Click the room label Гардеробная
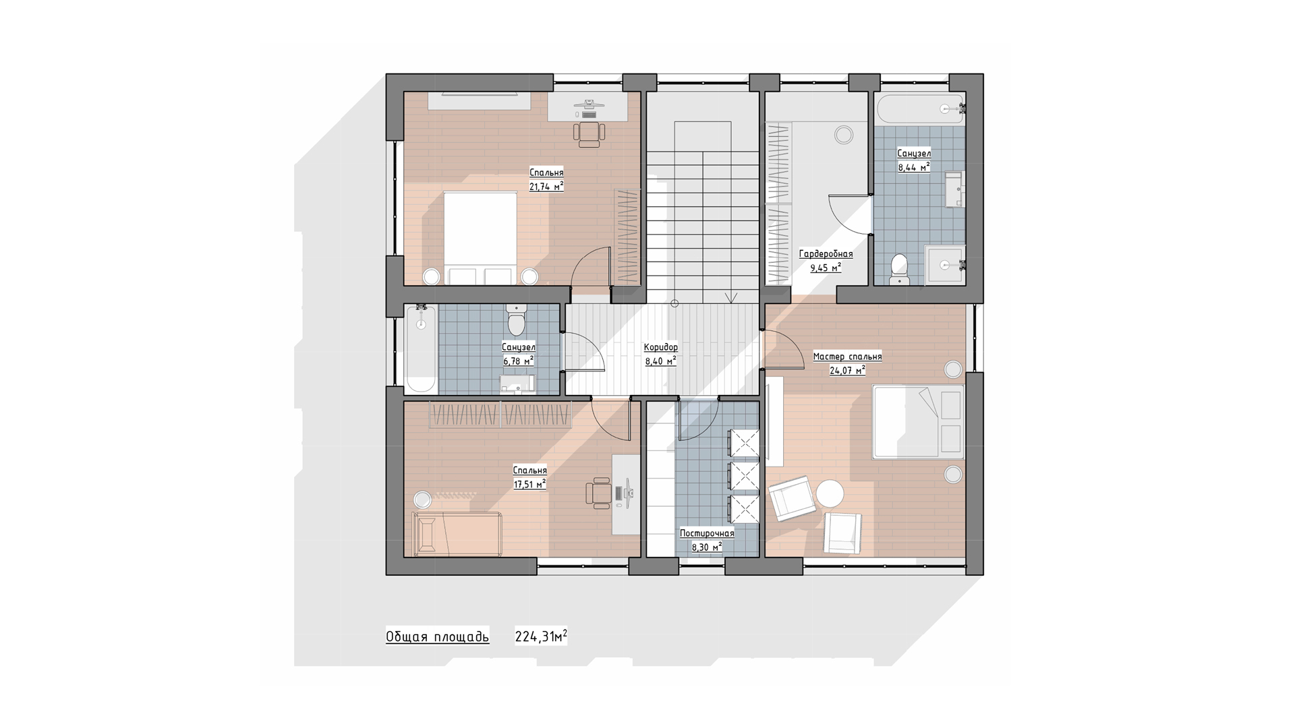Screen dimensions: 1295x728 [826, 254]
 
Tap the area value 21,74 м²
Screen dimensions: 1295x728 [546, 187]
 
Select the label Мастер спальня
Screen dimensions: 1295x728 [847, 357]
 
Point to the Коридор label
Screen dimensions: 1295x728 [661, 347]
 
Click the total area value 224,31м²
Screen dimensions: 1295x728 [541, 636]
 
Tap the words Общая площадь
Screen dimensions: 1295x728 [438, 637]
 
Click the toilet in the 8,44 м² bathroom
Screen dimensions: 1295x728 [899, 269]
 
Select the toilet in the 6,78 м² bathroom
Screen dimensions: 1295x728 [517, 319]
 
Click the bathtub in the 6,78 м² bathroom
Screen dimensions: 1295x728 [422, 348]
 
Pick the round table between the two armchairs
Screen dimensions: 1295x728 [830, 493]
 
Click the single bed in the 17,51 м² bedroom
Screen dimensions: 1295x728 [458, 533]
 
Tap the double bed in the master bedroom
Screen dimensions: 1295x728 [918, 421]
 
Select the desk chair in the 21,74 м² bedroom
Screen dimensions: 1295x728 [589, 133]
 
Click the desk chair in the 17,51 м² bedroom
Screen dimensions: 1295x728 [598, 493]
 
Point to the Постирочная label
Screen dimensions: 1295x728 [707, 533]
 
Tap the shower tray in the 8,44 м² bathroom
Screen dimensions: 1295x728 [944, 265]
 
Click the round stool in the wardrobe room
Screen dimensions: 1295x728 [843, 135]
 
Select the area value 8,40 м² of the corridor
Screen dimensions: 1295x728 [661, 361]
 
